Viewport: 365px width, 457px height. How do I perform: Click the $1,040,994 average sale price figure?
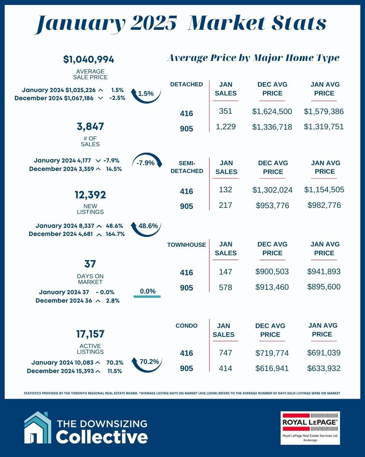click(89, 60)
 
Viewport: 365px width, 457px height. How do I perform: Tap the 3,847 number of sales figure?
click(90, 127)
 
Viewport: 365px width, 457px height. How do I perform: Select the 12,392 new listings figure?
click(90, 195)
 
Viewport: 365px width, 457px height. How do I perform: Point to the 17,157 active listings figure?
click(90, 334)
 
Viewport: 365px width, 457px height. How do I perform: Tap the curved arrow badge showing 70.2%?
click(147, 363)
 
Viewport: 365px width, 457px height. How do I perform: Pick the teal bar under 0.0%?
click(147, 297)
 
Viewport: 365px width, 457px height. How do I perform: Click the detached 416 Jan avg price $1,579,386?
click(323, 111)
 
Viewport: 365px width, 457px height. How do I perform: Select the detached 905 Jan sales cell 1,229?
click(225, 127)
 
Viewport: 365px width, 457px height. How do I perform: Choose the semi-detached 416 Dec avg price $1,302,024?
click(272, 190)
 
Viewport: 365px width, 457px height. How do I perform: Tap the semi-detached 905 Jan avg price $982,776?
click(324, 205)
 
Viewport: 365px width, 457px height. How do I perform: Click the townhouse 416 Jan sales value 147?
click(225, 272)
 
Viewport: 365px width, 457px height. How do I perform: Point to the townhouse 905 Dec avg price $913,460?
click(272, 287)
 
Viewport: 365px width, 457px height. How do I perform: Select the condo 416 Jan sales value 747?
click(225, 353)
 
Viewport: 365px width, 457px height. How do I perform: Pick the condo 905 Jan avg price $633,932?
click(323, 368)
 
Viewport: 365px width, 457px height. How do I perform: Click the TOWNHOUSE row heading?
click(186, 245)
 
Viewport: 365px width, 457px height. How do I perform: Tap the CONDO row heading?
click(186, 326)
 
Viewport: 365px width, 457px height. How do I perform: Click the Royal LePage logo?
click(310, 428)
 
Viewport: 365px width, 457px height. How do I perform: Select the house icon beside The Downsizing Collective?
click(38, 428)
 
